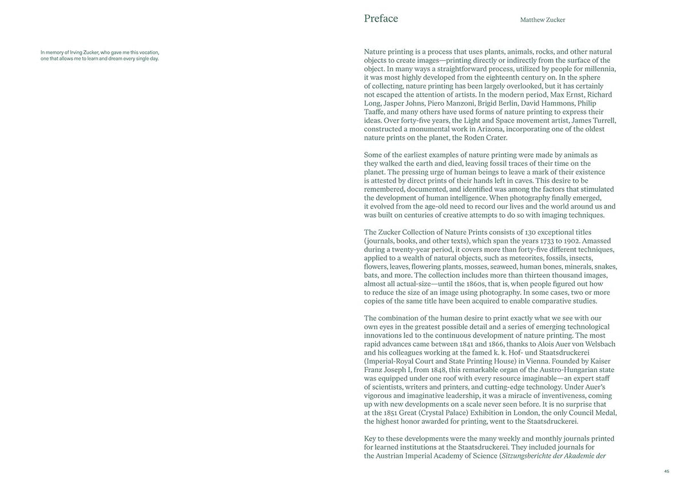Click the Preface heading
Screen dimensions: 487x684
pyautogui.click(x=381, y=18)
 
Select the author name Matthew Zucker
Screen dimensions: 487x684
pyautogui.click(x=542, y=20)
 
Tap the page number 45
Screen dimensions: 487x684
pyautogui.click(x=666, y=471)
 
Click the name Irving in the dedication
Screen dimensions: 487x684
pyautogui.click(x=76, y=52)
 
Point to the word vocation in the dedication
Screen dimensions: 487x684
pyautogui.click(x=148, y=52)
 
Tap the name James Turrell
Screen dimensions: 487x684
pyautogui.click(x=594, y=120)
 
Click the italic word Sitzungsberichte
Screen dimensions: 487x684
pyautogui.click(x=532, y=456)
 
